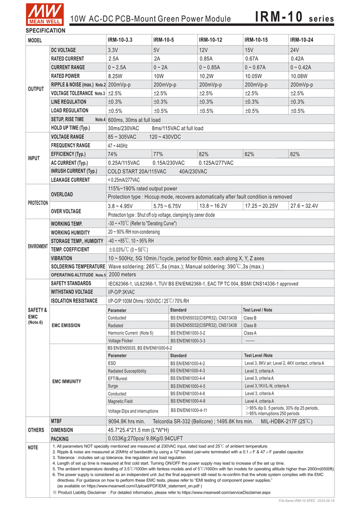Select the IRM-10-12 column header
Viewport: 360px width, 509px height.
pos(210,40)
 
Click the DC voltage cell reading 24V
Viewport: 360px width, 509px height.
pos(295,50)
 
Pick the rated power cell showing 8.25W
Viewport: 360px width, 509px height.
pos(116,76)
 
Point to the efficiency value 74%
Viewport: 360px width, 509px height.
pos(112,154)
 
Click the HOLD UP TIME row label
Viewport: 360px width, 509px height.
pos(71,128)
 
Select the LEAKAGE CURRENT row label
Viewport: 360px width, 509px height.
pos(71,180)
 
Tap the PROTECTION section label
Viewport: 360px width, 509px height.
pos(38,203)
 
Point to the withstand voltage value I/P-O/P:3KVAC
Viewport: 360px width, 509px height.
pos(121,292)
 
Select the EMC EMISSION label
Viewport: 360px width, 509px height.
pos(66,325)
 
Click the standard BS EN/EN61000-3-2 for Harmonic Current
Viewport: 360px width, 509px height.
pos(188,333)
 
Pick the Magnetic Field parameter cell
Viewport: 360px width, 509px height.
pos(120,401)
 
